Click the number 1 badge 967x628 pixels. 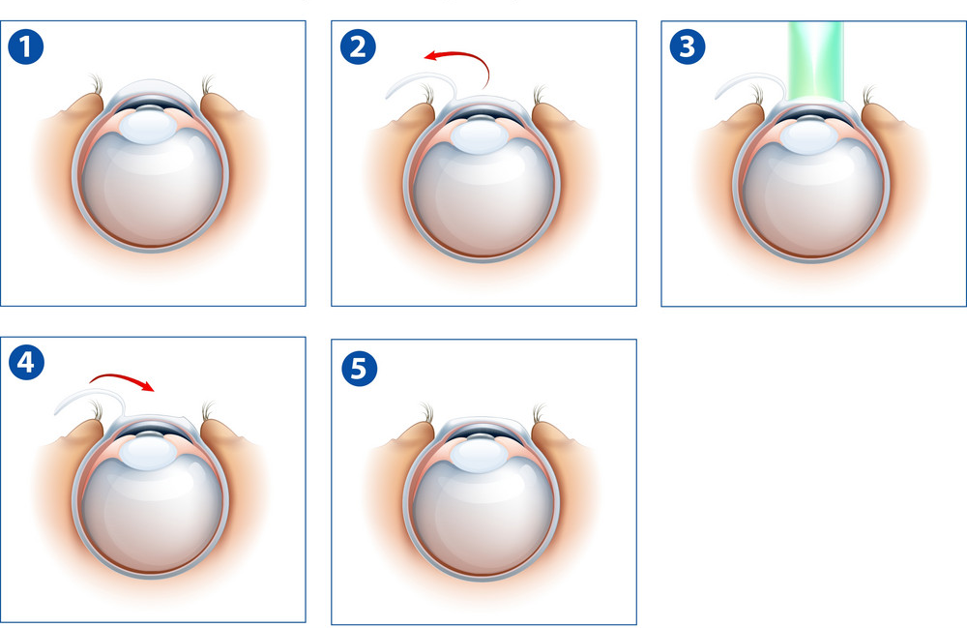coord(26,46)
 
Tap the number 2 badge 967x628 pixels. coord(358,46)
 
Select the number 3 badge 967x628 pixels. coord(687,46)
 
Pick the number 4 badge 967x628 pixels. coord(26,362)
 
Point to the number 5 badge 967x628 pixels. coord(359,369)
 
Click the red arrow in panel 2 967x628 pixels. coord(469,55)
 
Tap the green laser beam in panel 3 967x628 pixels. coord(815,62)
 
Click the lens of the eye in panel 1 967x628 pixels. coord(148,125)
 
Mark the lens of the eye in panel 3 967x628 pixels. coord(809,135)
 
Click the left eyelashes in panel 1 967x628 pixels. coord(96,84)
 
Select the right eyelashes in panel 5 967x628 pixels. coord(539,412)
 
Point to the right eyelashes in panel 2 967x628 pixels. coord(540,94)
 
